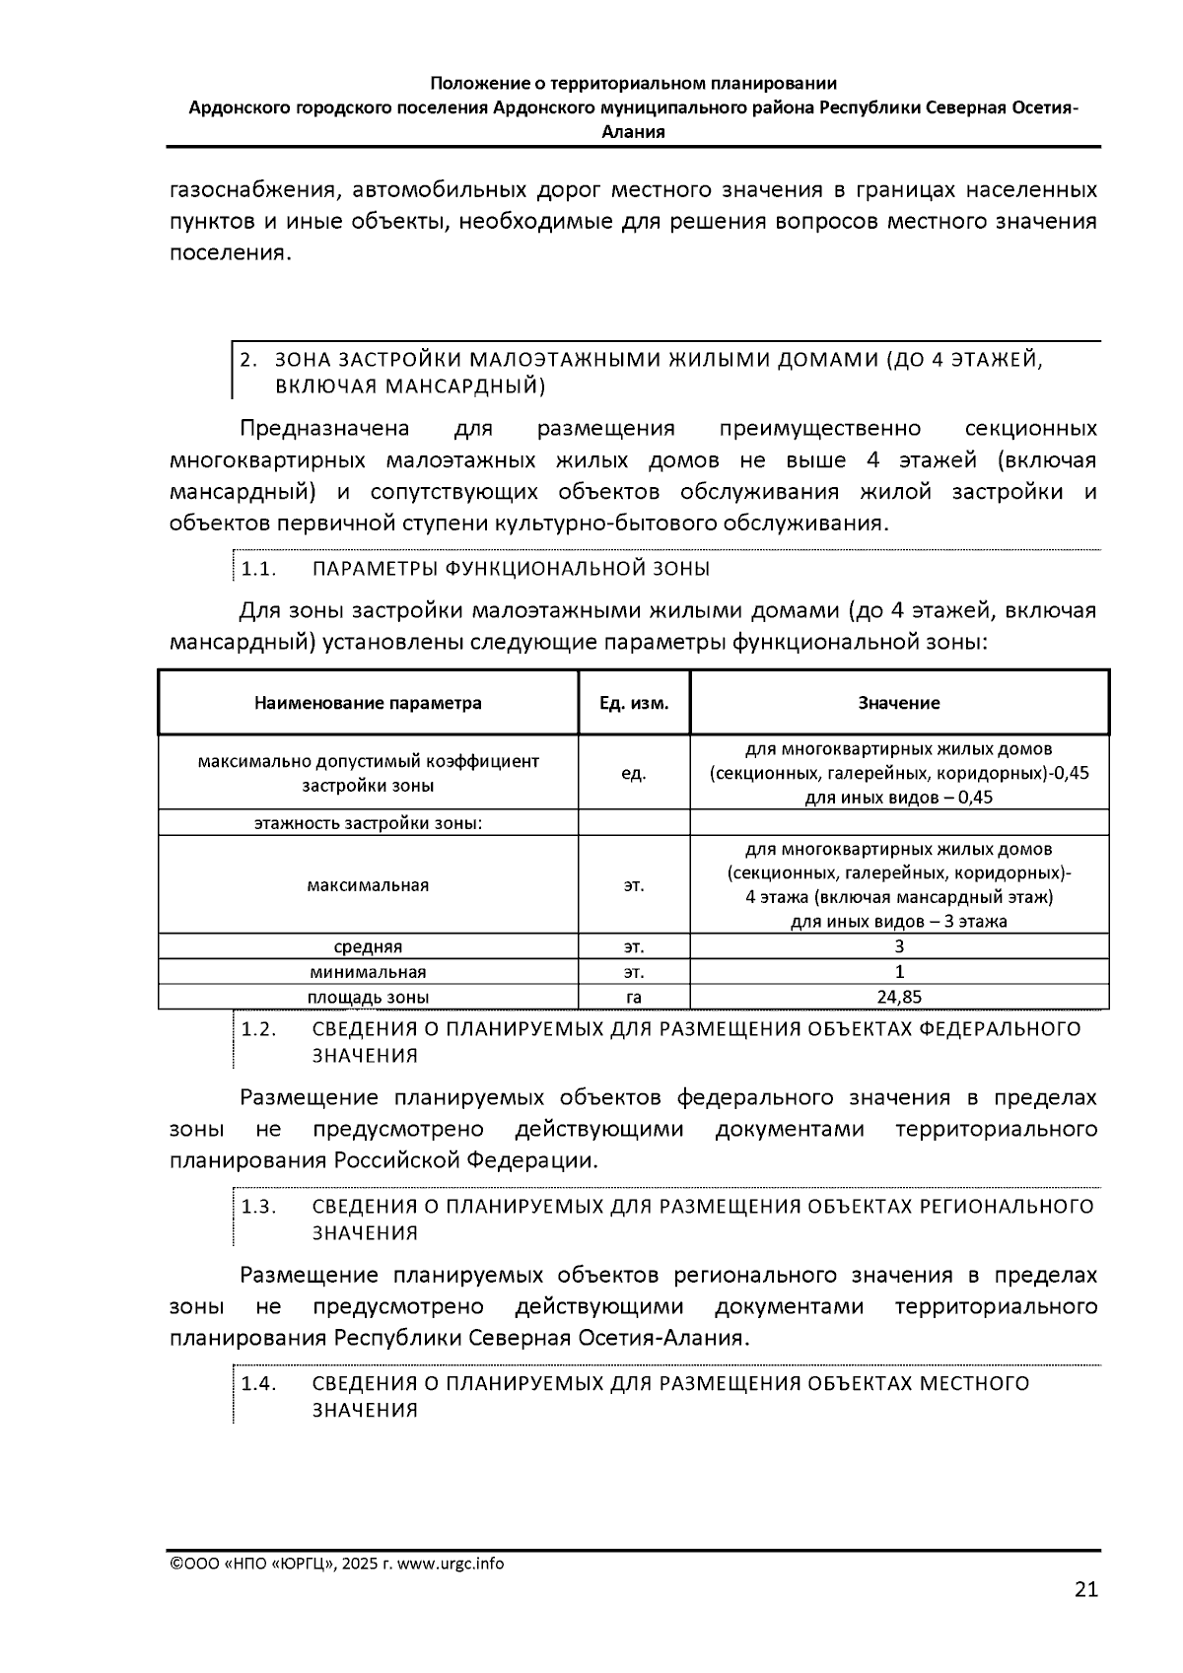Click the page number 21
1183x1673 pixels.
[1085, 1589]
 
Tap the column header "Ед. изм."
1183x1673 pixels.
[634, 703]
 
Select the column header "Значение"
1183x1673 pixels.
[898, 703]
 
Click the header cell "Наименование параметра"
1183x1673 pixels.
[368, 703]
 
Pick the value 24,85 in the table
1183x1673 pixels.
[898, 997]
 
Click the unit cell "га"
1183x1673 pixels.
[634, 997]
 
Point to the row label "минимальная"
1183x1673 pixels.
[368, 972]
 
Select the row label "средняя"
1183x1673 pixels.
[368, 946]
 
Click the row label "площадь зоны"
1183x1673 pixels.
[368, 997]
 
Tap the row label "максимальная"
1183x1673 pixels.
[368, 884]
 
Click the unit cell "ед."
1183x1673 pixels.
[634, 774]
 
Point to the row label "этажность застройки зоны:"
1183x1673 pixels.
[368, 822]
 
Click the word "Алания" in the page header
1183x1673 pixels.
[633, 132]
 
